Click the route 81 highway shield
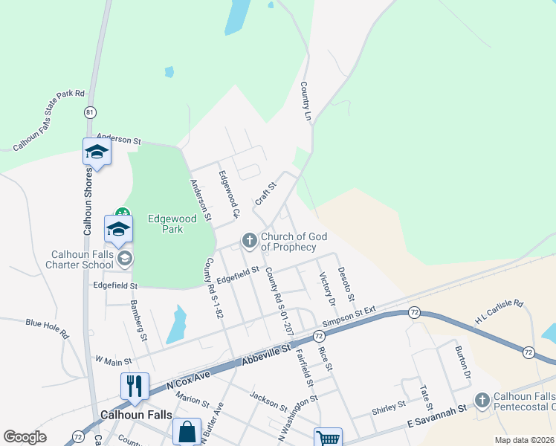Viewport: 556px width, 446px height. pos(90,112)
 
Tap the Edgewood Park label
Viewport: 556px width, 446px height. pos(172,224)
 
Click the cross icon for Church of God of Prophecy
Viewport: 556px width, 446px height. pos(249,240)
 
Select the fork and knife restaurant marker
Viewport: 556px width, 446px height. pos(135,386)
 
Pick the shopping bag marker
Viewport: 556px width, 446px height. pos(187,431)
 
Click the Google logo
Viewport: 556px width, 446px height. pos(25,437)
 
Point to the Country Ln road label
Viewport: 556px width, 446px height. pos(305,102)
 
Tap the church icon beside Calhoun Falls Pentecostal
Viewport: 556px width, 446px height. pos(482,401)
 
